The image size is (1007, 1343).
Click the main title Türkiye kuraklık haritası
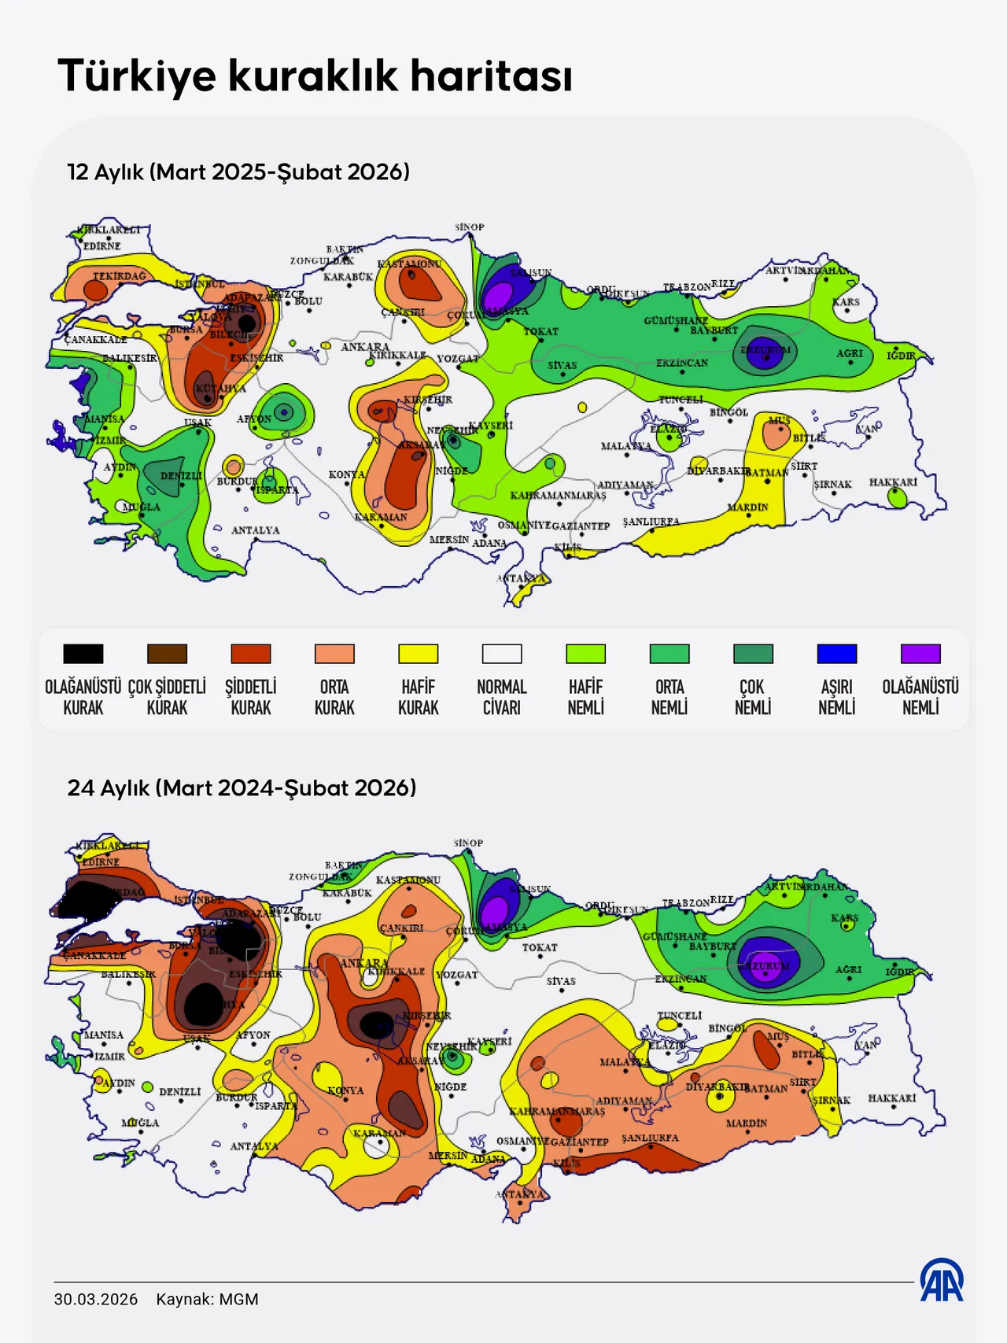tap(315, 76)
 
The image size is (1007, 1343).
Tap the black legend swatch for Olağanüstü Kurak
tap(83, 654)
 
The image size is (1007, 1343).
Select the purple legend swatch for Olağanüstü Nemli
tap(920, 654)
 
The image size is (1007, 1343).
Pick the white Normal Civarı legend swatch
tap(502, 654)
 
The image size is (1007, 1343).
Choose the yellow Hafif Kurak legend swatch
tap(418, 654)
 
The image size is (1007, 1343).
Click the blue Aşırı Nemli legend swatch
tap(836, 654)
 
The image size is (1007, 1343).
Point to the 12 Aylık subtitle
tap(238, 172)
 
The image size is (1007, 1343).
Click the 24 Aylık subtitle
tap(242, 788)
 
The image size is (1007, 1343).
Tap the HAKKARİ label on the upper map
tap(893, 482)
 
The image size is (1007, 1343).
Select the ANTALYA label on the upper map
tap(255, 530)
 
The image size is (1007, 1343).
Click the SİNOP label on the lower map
tap(468, 843)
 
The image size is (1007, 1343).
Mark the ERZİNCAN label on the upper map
tap(681, 363)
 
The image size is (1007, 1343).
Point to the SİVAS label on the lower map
tap(561, 981)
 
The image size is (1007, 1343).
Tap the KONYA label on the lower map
tap(345, 1090)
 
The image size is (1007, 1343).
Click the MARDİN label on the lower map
tap(746, 1123)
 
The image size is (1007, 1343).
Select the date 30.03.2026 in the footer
tap(95, 1299)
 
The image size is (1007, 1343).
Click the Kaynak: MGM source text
tap(207, 1299)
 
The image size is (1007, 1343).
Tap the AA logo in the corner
tap(941, 1280)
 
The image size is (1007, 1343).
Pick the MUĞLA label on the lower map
tap(140, 1123)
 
